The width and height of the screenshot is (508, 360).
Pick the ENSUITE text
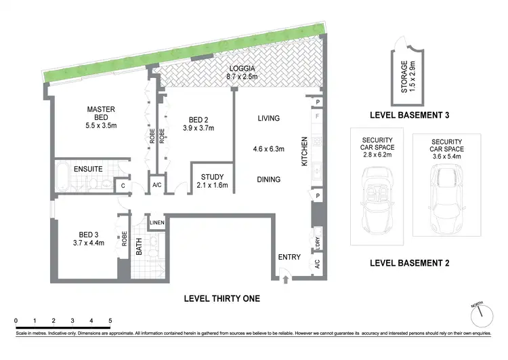click(x=88, y=168)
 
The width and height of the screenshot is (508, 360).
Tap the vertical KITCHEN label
click(x=305, y=151)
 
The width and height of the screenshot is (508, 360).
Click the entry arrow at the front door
click(x=285, y=278)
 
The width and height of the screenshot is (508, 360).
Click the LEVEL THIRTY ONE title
click(x=221, y=298)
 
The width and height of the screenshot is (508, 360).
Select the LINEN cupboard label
click(x=156, y=223)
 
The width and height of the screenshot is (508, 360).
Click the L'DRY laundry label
click(x=317, y=241)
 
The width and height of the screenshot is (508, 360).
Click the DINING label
click(x=268, y=180)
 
